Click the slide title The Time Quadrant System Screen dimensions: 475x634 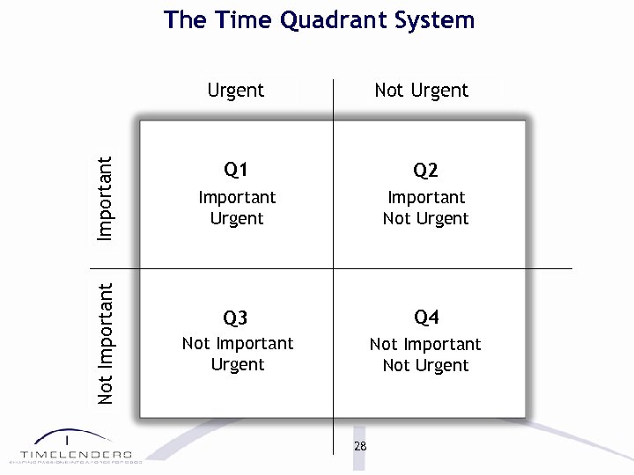[319, 20]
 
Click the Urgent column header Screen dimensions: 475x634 [235, 90]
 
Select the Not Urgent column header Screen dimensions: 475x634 [421, 90]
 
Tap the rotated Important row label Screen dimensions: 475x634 [105, 199]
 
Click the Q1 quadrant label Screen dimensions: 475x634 [236, 169]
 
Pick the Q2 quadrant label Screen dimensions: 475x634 [425, 170]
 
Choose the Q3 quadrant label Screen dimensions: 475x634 [236, 317]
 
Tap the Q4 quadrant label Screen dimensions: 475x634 [426, 317]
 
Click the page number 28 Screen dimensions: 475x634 [359, 446]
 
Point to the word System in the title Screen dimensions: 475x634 [437, 20]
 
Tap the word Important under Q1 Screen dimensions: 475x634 [237, 197]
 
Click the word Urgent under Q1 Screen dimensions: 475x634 [237, 218]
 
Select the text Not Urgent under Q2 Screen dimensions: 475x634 [425, 218]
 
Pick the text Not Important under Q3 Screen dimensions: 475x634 [237, 343]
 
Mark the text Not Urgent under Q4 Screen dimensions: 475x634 [425, 365]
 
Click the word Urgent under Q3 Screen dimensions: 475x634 [237, 364]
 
